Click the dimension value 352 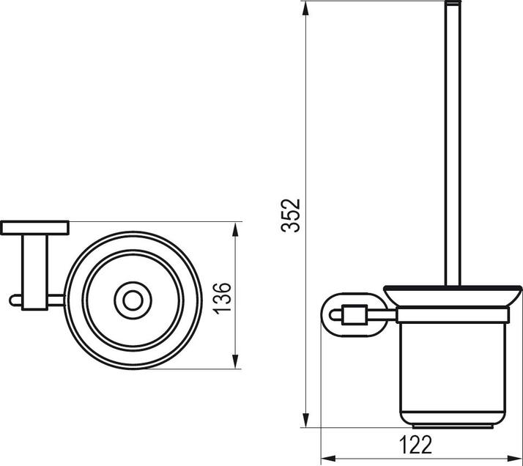(292, 215)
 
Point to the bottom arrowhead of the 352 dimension (305, 421)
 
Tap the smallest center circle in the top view (133, 300)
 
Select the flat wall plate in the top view (34, 227)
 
